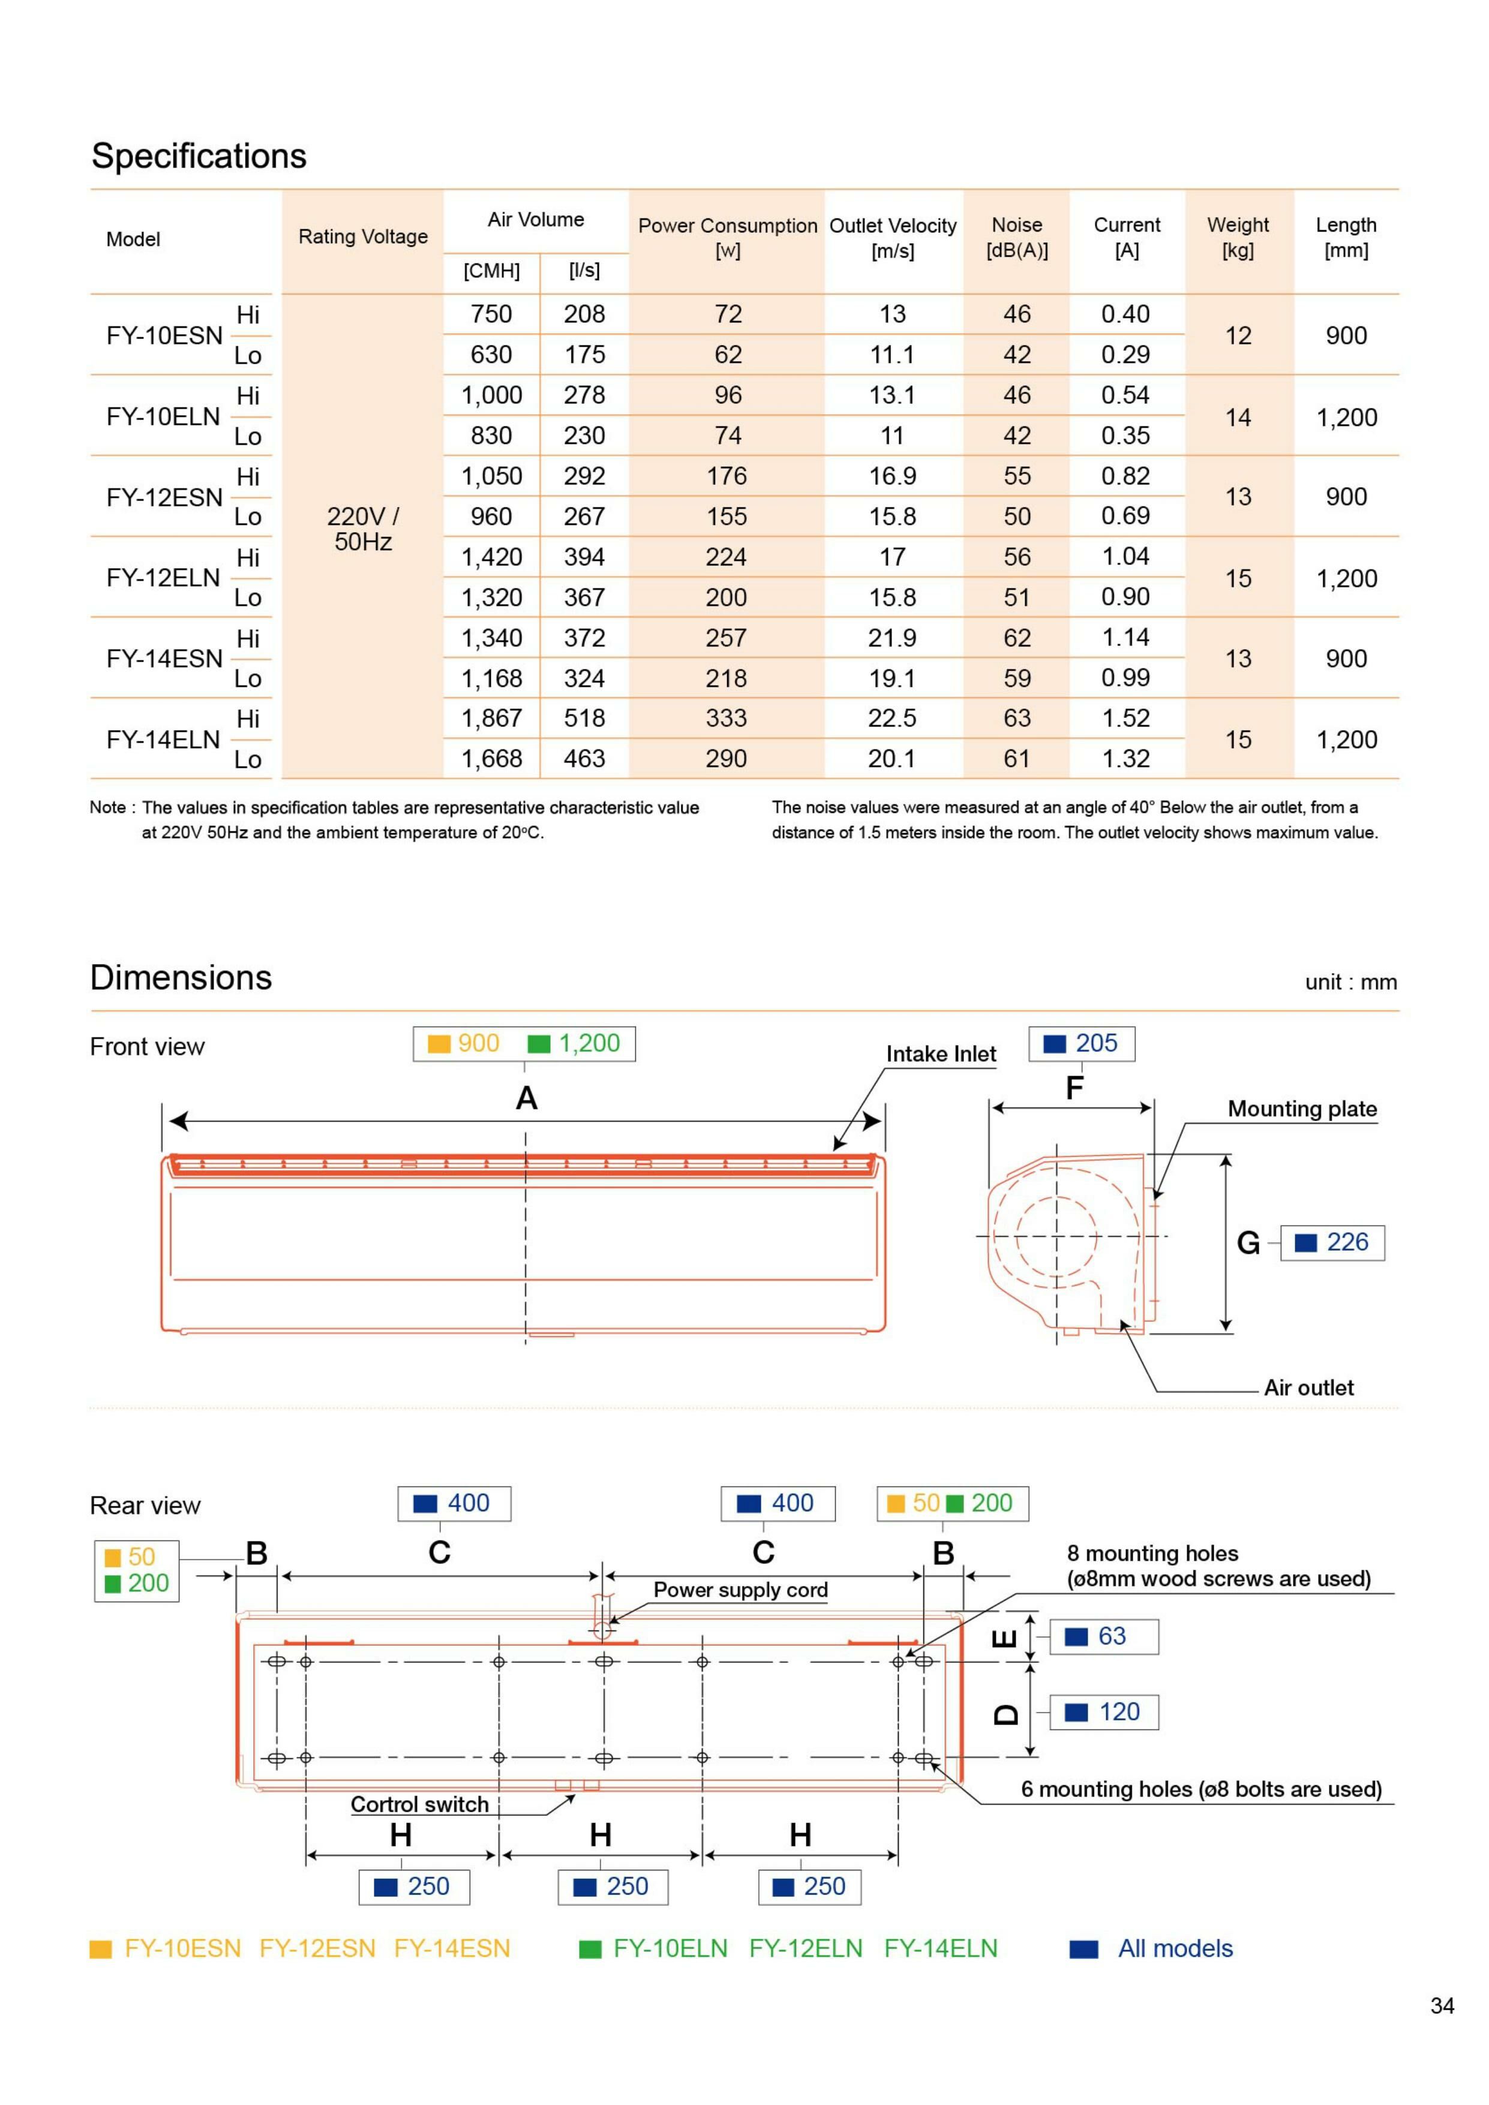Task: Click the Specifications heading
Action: point(199,156)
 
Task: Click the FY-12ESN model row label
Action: point(164,497)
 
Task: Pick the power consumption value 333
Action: point(726,718)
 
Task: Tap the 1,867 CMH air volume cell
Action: point(491,718)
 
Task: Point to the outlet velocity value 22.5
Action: point(892,718)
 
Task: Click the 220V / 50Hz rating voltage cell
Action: point(363,529)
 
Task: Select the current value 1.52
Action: point(1126,718)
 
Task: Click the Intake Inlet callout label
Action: point(941,1055)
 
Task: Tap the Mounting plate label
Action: point(1302,1109)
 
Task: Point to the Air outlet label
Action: point(1308,1388)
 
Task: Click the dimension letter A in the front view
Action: point(526,1098)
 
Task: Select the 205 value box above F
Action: point(1082,1043)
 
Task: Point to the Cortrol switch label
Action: point(420,1804)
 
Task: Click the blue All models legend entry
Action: point(1175,1948)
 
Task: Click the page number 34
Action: point(1442,2006)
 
